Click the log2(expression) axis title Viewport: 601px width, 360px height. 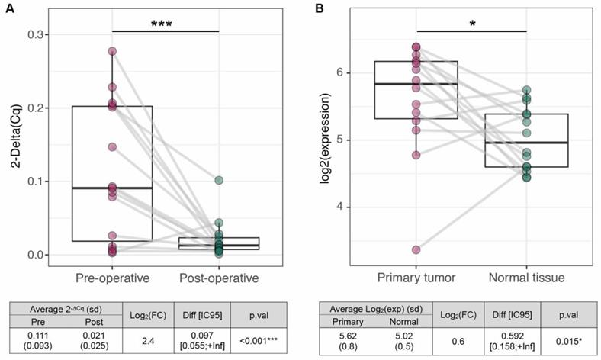point(329,144)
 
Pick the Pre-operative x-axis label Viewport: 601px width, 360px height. point(112,277)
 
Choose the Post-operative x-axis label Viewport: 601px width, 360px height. point(220,277)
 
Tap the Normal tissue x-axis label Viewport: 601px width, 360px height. point(527,277)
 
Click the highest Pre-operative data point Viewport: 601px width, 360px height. point(112,52)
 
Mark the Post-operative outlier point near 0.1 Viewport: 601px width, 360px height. point(219,181)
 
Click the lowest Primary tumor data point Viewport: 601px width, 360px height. point(416,249)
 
